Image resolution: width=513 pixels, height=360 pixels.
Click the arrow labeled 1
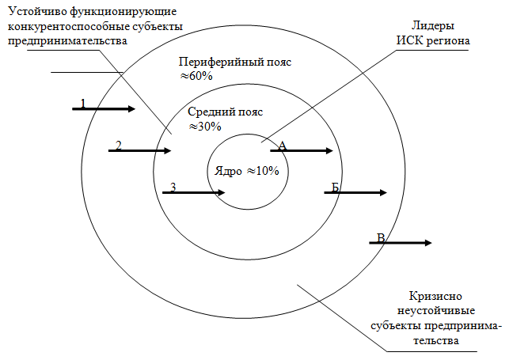pos(104,109)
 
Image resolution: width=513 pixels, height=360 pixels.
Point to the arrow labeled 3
pos(195,191)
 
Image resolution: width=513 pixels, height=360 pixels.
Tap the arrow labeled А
pos(302,150)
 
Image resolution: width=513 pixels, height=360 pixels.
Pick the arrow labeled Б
pos(355,192)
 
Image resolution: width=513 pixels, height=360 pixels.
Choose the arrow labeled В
pos(401,243)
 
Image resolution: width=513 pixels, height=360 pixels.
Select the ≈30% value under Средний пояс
pos(204,126)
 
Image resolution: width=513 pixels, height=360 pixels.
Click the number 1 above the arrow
pos(82,103)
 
